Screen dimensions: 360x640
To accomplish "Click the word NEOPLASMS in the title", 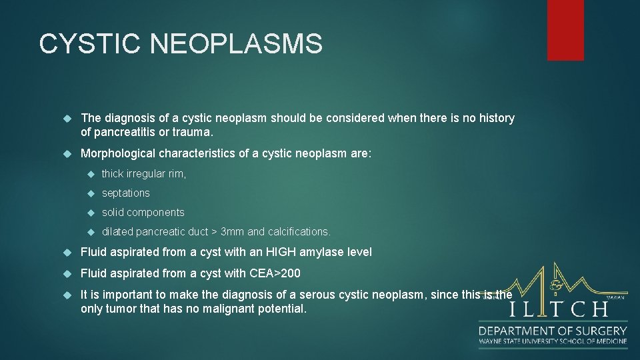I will pyautogui.click(x=237, y=44).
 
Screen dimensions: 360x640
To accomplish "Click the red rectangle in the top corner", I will pyautogui.click(x=565, y=30).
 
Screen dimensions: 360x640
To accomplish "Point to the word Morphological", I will pyautogui.click(x=117, y=154).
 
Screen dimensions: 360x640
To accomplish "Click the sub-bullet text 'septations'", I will pyautogui.click(x=125, y=193).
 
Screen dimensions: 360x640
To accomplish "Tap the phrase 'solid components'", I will pyautogui.click(x=143, y=213).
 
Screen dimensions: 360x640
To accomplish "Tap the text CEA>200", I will pyautogui.click(x=275, y=273).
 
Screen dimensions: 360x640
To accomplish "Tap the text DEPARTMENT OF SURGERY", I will pyautogui.click(x=553, y=330).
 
